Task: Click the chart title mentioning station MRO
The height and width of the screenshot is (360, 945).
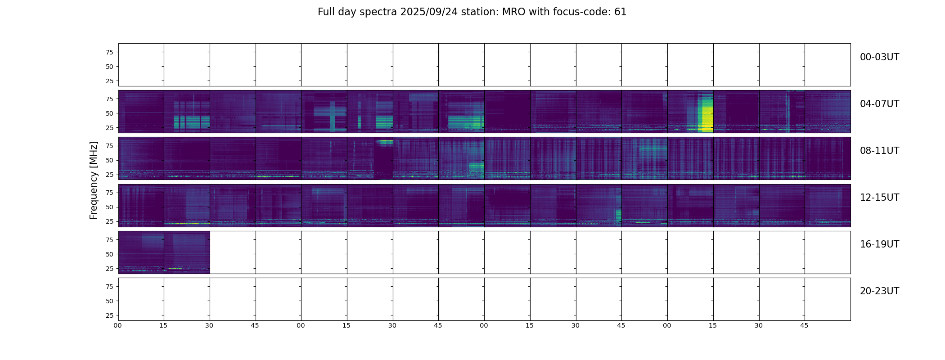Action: [472, 12]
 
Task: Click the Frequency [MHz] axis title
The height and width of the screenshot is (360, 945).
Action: [94, 180]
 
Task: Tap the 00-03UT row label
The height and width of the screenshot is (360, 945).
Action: [879, 57]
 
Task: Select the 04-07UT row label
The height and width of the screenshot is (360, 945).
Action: [879, 104]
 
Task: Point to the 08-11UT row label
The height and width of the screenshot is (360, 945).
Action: [879, 151]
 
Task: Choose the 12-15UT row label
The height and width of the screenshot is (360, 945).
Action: [879, 198]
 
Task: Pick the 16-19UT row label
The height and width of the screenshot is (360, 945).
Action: [879, 244]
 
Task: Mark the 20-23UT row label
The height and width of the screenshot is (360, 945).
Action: [879, 291]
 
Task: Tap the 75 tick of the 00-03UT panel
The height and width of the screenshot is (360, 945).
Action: [109, 52]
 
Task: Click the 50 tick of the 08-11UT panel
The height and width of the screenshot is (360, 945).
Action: [109, 160]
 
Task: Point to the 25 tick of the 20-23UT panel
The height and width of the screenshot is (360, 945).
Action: [109, 315]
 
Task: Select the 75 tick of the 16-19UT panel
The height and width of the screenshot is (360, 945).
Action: [109, 240]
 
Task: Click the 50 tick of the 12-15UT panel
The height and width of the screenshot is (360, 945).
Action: [109, 207]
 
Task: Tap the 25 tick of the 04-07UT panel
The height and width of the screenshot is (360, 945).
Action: [109, 128]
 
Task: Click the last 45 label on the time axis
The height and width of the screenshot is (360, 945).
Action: [804, 325]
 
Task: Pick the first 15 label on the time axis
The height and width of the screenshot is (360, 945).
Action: [163, 325]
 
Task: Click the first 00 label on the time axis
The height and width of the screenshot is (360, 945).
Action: [117, 325]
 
